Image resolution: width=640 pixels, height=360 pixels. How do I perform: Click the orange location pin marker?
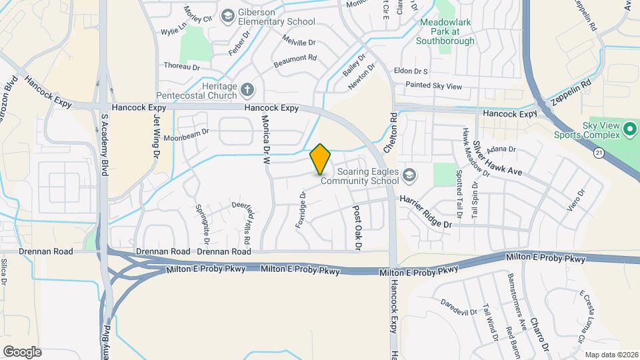[321, 159]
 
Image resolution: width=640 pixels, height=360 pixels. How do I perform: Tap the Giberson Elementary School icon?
[229, 15]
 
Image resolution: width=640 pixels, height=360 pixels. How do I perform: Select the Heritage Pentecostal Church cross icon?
[247, 89]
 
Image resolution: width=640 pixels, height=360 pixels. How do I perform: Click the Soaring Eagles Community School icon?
[409, 175]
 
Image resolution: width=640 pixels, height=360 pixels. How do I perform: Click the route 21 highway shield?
[599, 153]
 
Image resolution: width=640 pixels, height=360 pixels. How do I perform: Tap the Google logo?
[22, 351]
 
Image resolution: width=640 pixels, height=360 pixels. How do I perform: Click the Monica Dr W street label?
[265, 139]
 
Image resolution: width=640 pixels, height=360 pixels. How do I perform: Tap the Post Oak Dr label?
[357, 227]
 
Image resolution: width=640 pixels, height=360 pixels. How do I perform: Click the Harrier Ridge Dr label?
[426, 211]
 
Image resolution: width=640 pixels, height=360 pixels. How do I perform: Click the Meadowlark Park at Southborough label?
[445, 31]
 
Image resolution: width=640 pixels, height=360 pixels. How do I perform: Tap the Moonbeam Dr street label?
[187, 131]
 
